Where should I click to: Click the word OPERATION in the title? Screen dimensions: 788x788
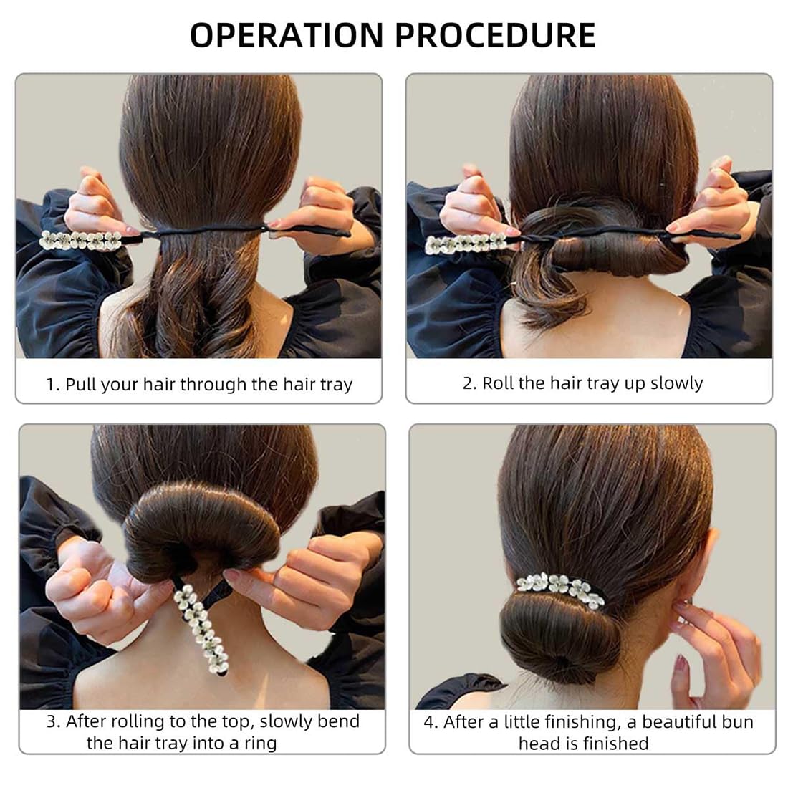(287, 35)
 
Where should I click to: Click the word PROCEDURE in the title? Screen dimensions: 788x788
(495, 35)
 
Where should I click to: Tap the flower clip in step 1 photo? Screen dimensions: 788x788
(81, 240)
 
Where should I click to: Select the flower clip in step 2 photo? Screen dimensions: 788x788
(466, 244)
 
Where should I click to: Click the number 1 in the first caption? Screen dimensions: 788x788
(49, 385)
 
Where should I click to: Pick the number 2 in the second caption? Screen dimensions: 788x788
(467, 383)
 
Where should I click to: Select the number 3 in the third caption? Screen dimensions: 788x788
(52, 721)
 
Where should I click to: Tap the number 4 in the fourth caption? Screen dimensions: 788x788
(428, 722)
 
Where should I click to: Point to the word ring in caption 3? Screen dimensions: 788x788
(260, 744)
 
